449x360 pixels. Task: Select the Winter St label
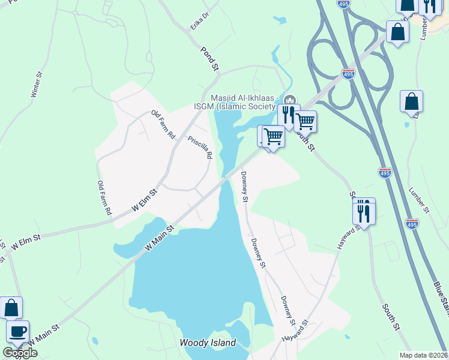(x=37, y=85)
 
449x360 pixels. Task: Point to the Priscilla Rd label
(x=200, y=146)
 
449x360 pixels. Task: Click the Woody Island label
(x=208, y=343)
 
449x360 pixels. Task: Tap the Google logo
(x=20, y=353)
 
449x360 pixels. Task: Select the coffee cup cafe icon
(x=17, y=331)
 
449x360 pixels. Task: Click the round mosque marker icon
(x=289, y=100)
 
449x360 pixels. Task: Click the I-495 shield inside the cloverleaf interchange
(x=348, y=73)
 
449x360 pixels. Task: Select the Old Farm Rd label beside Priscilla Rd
(x=163, y=125)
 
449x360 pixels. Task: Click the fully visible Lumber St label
(x=420, y=200)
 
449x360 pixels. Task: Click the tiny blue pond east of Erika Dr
(x=279, y=20)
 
